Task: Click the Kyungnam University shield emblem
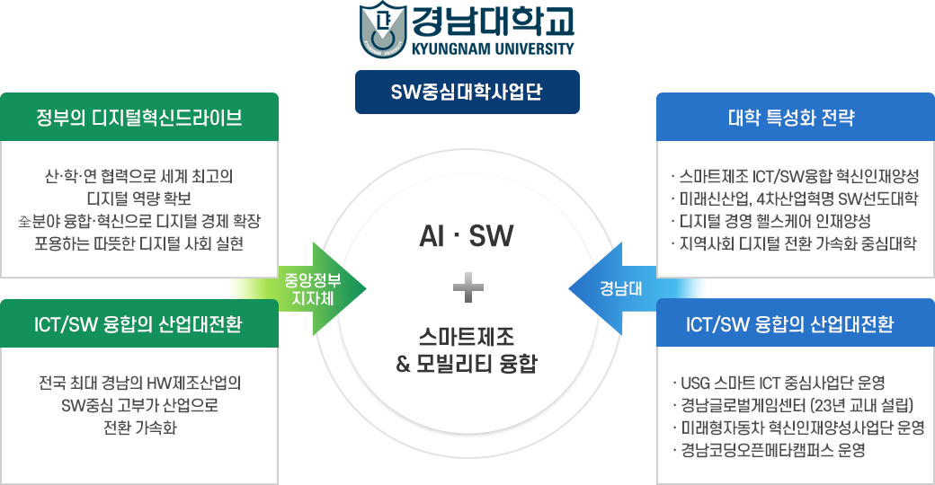coord(383,30)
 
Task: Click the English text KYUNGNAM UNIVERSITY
coord(494,48)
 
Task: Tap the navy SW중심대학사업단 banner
coord(467,92)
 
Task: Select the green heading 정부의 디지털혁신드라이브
coord(139,118)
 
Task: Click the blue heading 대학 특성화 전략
coord(791,118)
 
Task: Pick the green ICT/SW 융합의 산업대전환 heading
coord(138,324)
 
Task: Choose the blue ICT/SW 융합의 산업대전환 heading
coord(789,324)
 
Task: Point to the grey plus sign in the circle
coord(468,287)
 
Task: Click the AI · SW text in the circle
coord(467,235)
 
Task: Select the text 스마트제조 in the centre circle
coord(467,337)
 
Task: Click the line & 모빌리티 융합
coord(467,364)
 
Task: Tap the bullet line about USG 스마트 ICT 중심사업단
coord(779,383)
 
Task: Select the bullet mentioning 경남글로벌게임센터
coord(792,405)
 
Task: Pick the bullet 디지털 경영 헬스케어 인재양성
coord(770,221)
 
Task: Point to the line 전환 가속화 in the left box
coord(140,428)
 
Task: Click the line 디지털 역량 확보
coord(139,198)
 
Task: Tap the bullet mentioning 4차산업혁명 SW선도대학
coord(794,198)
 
